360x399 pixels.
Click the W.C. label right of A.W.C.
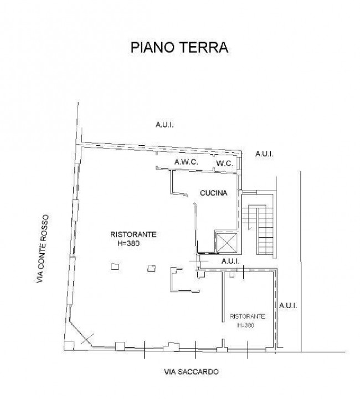[224, 163]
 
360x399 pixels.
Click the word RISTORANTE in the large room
[133, 234]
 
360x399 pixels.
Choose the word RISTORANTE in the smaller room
[248, 316]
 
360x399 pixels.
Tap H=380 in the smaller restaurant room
[245, 325]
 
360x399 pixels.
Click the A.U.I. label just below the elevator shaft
[230, 260]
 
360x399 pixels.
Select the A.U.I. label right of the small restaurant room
[289, 305]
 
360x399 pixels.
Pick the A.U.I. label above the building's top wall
[164, 126]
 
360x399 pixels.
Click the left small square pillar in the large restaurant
[115, 267]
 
